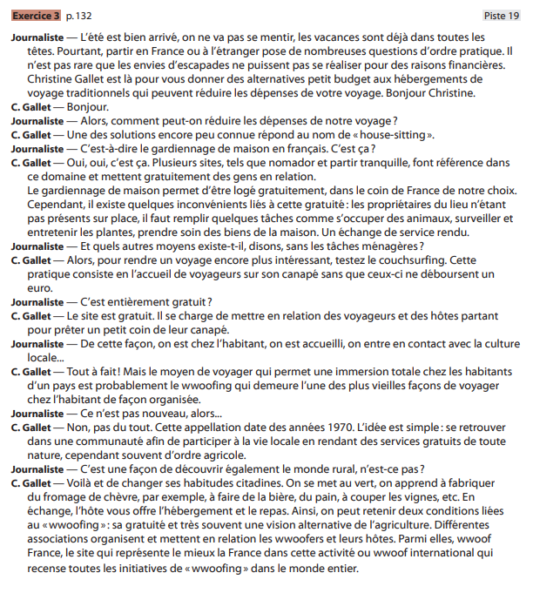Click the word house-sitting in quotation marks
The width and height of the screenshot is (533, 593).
[x=395, y=134]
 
